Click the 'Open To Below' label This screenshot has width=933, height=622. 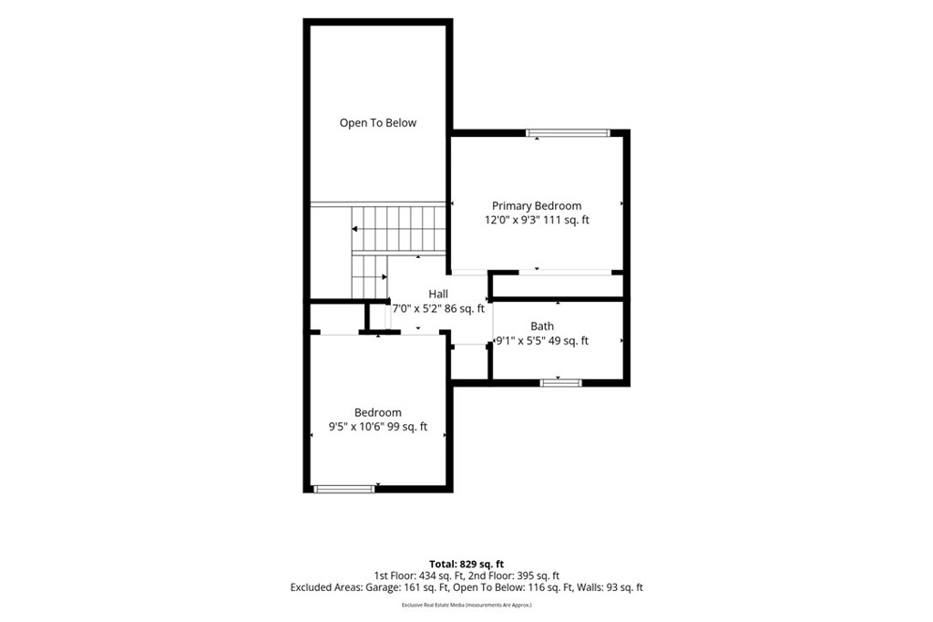[x=378, y=123]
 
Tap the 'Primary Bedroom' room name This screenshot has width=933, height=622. [x=537, y=205]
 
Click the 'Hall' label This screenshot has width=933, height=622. [x=438, y=294]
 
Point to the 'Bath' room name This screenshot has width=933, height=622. [x=542, y=326]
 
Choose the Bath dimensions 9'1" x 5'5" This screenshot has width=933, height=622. [x=521, y=341]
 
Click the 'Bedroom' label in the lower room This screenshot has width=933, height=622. [x=378, y=412]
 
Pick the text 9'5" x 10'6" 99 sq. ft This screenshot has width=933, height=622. [x=378, y=427]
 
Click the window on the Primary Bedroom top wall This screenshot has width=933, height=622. [x=569, y=133]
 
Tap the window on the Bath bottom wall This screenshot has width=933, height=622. [x=561, y=382]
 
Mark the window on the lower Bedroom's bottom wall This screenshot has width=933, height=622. [x=344, y=489]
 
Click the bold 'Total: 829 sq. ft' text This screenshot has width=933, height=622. [x=466, y=564]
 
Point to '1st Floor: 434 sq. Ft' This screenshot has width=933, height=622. [x=412, y=575]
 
